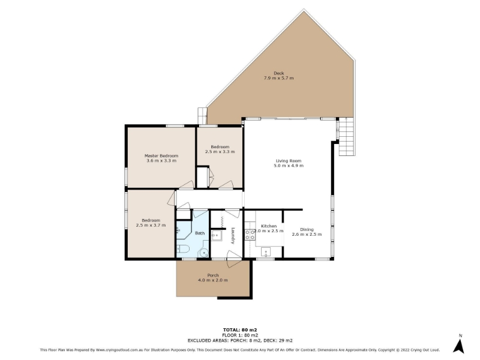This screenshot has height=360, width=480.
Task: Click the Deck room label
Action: pos(278,73)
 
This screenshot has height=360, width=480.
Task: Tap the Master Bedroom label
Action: pos(161,156)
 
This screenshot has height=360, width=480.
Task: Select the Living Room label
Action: pos(289,161)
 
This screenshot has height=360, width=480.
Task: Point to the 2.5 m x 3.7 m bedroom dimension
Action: pos(151,226)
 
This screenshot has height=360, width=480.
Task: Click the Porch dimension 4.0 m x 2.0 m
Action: pos(213,280)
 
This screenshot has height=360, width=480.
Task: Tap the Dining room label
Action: pos(307,230)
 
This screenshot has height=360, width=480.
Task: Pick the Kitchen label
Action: pos(269,226)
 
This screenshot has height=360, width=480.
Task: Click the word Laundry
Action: pos(233,235)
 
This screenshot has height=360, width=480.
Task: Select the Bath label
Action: pos(200,233)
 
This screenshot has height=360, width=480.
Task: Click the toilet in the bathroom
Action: pos(183,248)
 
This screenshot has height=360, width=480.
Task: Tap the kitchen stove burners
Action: pos(250,235)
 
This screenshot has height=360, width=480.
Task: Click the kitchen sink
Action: pos(266,252)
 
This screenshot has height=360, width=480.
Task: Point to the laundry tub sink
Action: pos(217,235)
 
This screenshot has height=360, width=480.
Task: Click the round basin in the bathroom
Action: pos(203,253)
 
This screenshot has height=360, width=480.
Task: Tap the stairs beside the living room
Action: pos(346,137)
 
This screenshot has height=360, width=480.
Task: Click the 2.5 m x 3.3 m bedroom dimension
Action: pos(220,152)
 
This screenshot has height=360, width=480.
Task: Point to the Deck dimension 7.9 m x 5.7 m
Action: pos(278,78)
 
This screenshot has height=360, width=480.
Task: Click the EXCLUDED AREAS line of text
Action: pos(240,340)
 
